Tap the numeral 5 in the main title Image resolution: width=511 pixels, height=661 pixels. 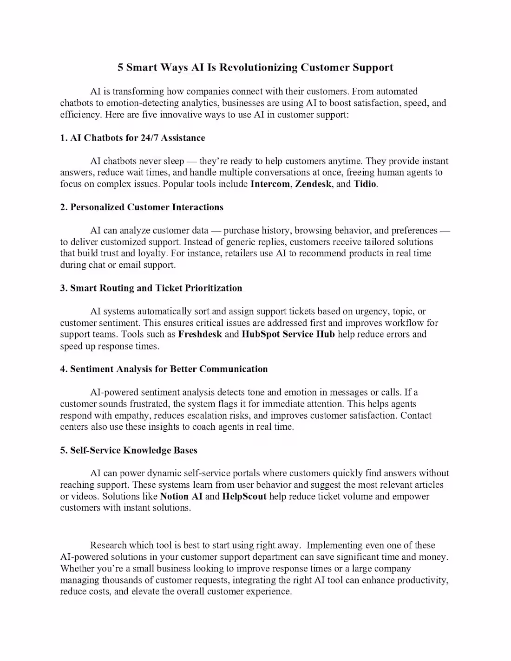120,68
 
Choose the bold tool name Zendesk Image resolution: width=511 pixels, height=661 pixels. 313,184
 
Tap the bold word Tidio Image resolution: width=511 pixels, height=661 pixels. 365,184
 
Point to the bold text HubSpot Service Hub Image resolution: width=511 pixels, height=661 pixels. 288,334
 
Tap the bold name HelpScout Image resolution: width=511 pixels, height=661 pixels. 244,496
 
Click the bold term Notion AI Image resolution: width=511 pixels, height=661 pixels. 181,496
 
